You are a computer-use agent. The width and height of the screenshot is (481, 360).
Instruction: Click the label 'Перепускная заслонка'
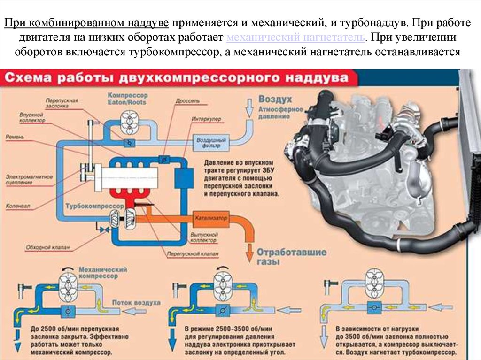(62, 103)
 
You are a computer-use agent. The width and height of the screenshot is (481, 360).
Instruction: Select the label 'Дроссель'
(188, 101)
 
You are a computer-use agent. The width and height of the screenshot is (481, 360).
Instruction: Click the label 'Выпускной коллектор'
(204, 237)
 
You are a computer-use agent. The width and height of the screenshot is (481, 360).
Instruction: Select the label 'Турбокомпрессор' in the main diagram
(89, 206)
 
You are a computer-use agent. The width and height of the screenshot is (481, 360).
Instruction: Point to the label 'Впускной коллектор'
(33, 117)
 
